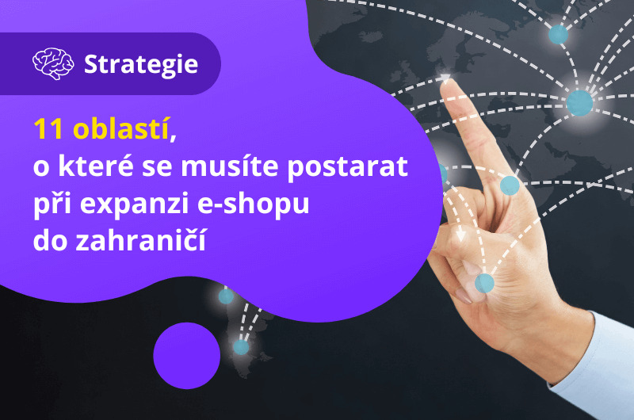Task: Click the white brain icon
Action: pos(53,63)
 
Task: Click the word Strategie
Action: pos(141,64)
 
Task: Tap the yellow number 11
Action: pos(48,129)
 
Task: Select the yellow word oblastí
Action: pos(120,128)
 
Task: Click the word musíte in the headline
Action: pos(230,166)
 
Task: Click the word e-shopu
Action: pos(253,204)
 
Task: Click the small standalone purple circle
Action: pos(187,356)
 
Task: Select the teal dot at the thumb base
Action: pos(484,283)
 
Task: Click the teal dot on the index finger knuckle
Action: pos(510,185)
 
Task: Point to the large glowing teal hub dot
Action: pos(579,103)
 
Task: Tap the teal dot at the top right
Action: pos(558,34)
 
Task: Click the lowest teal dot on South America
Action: pos(241,347)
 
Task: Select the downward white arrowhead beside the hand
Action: pos(460,235)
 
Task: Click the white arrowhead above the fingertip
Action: pos(445,78)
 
